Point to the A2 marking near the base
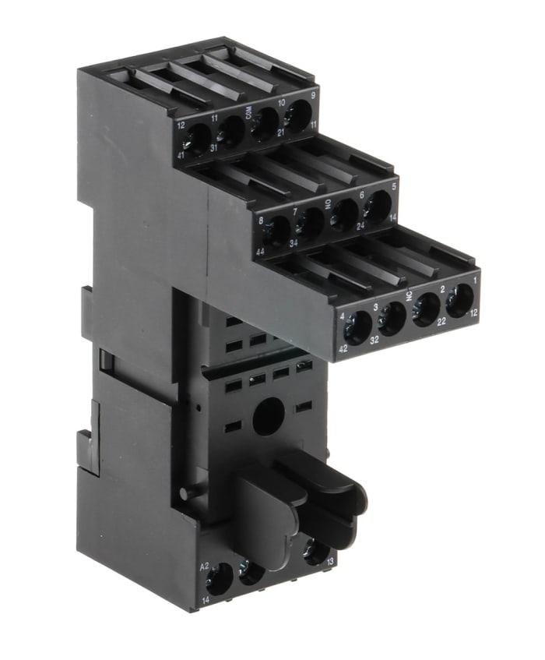pos(205,566)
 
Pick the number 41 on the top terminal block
pos(181,155)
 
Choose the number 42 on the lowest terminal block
pos(343,349)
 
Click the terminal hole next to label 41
pos(198,141)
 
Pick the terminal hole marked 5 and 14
pos(379,206)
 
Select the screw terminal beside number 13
pos(315,552)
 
